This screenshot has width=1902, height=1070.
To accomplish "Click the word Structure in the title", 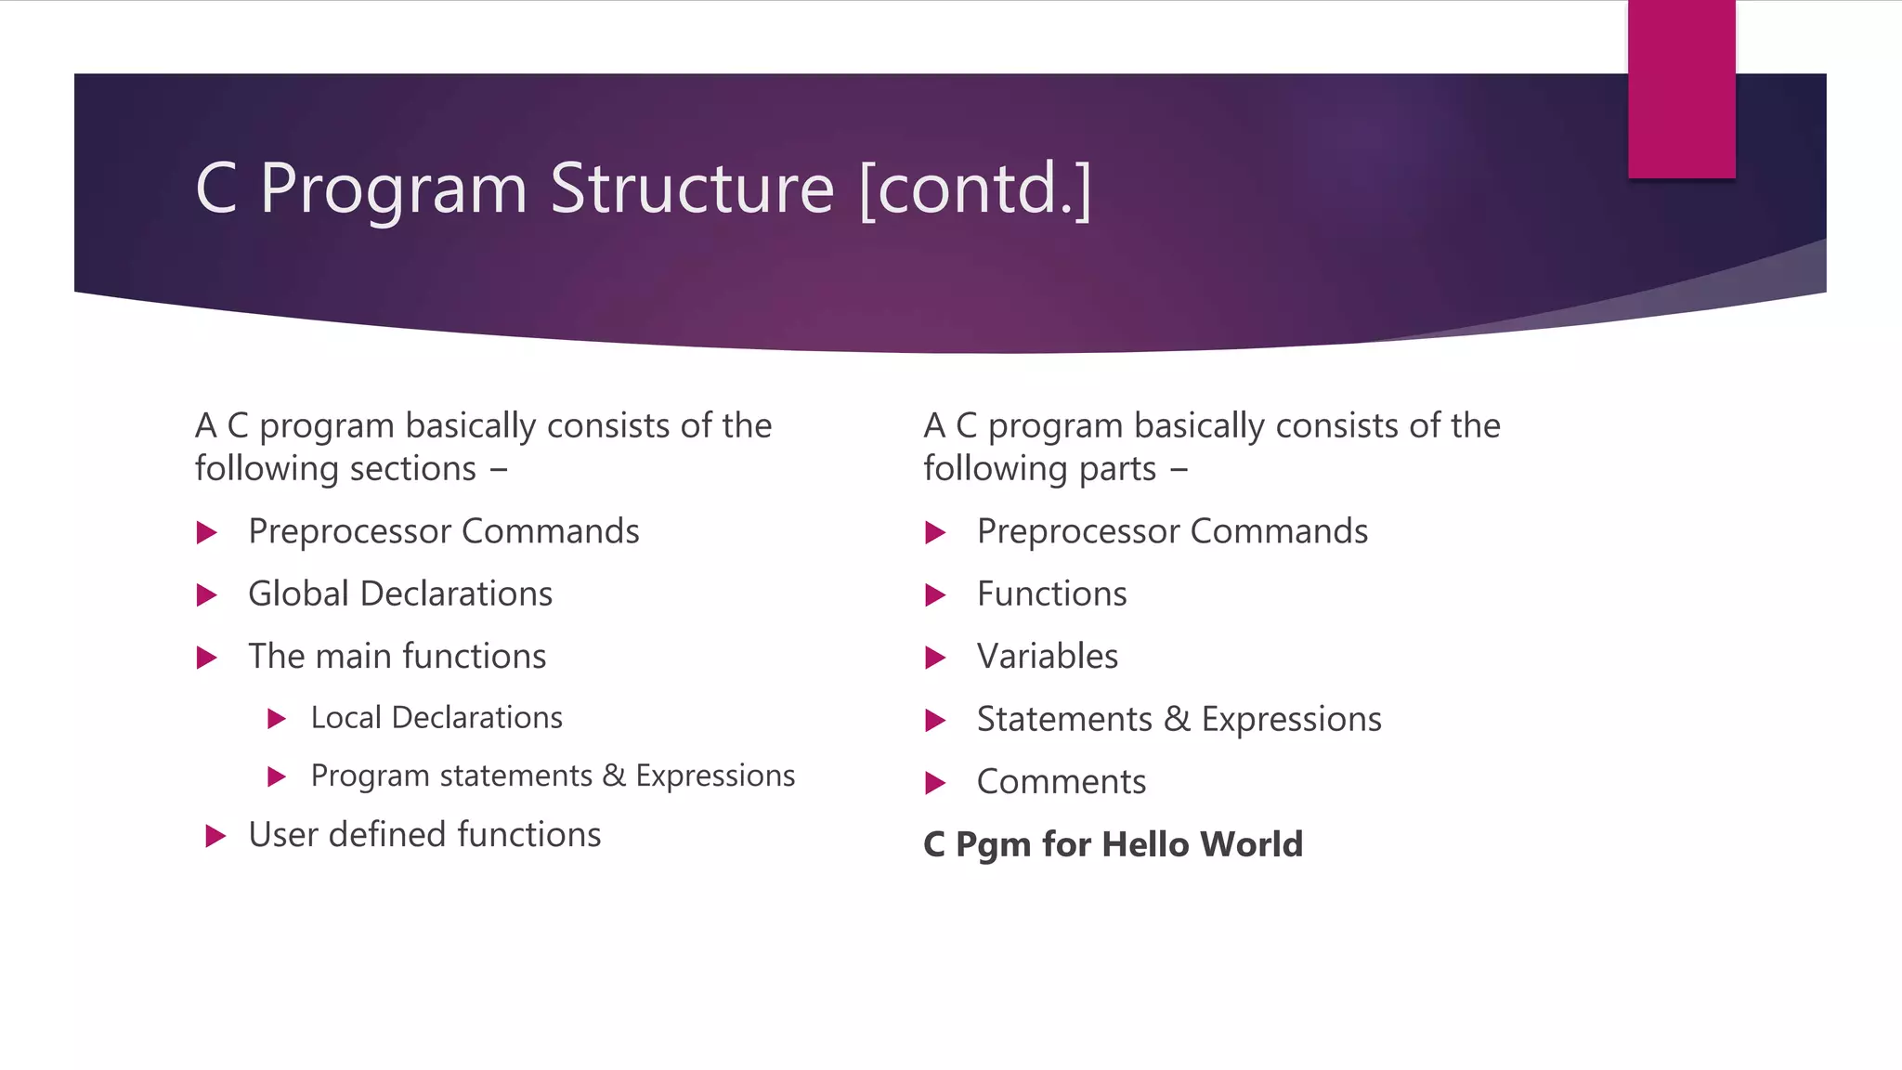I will tap(692, 189).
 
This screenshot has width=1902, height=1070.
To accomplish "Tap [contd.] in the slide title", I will tap(975, 189).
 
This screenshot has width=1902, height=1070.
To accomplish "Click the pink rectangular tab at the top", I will tap(1681, 89).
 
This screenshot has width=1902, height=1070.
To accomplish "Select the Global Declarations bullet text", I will tap(400, 594).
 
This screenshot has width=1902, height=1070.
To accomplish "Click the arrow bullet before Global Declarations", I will tap(207, 595).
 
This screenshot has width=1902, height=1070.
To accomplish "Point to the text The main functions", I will tap(397, 657).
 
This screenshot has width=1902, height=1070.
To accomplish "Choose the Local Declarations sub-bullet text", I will tap(436, 718).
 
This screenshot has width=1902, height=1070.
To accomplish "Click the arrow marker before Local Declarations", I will tap(276, 719).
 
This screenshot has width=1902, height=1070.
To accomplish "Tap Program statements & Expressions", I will tap(553, 776).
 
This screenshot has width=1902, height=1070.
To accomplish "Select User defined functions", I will tap(424, 835).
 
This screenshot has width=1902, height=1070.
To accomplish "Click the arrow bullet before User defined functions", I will tap(215, 836).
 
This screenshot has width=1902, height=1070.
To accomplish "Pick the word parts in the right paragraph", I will tap(1117, 469).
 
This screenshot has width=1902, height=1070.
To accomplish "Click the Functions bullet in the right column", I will tap(1051, 594).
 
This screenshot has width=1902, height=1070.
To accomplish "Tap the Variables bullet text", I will tap(1047, 657).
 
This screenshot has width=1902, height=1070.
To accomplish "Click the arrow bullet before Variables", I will tap(935, 659).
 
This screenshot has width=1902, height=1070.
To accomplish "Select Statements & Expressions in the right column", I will tap(1179, 720).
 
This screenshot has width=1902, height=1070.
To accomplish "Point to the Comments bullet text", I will tap(1061, 782).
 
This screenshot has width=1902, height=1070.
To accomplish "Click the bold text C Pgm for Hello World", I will tap(1113, 844).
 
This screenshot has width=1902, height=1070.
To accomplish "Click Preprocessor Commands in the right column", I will tap(1172, 532).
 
